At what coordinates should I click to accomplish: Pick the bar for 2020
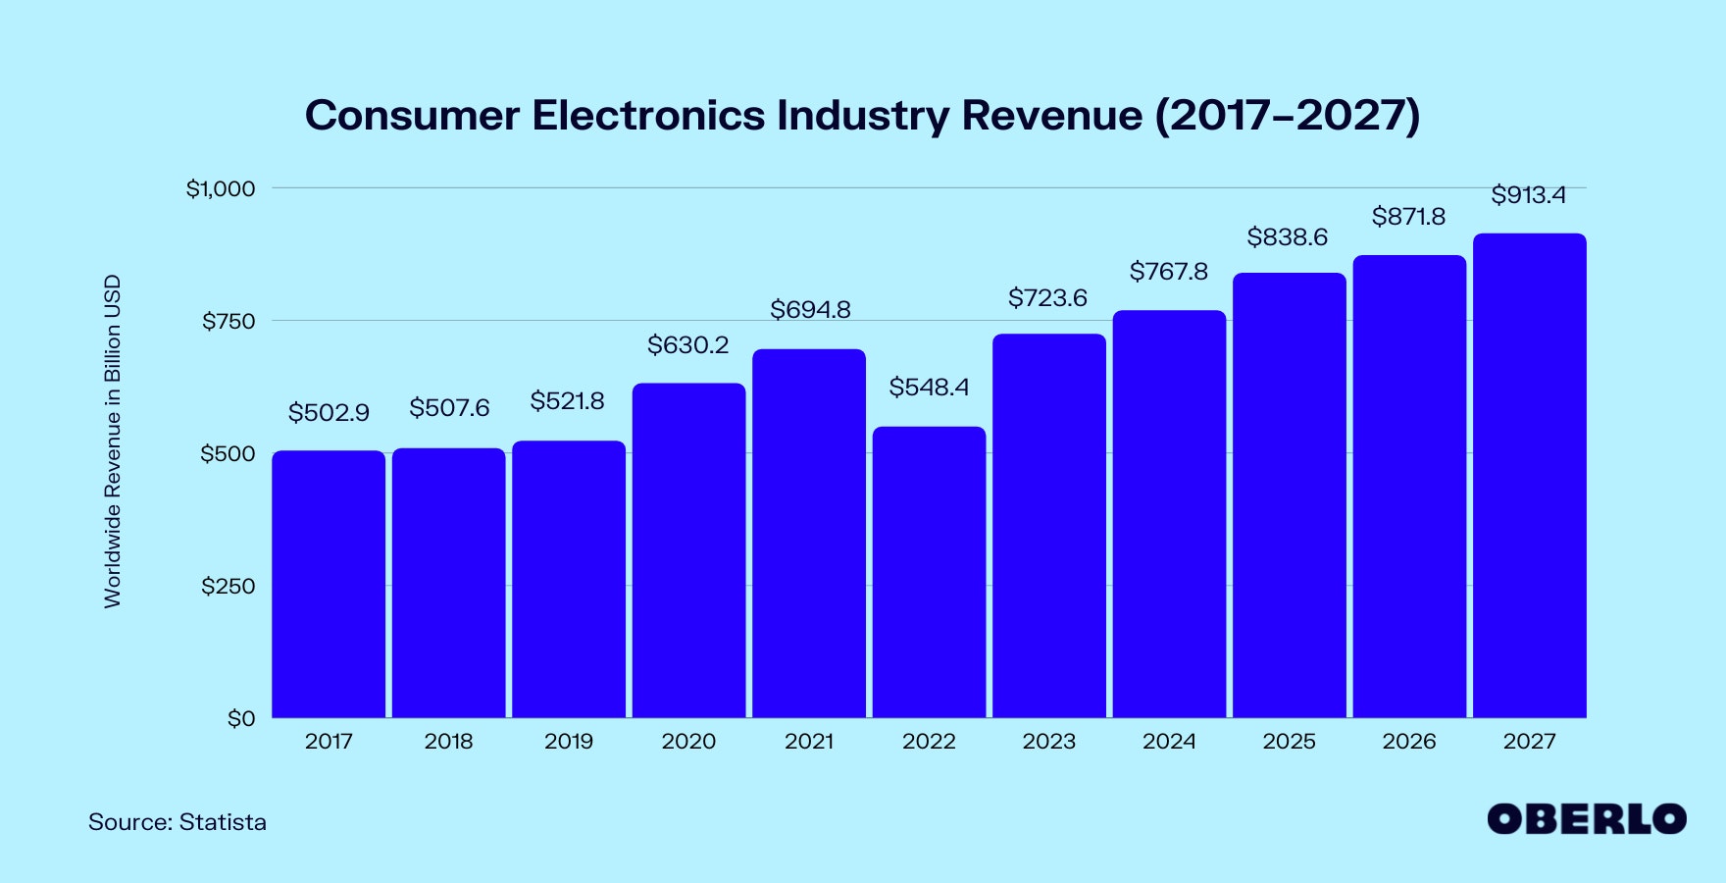(x=688, y=550)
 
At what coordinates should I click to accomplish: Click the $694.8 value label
(x=810, y=310)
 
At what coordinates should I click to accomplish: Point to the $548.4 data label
(x=929, y=388)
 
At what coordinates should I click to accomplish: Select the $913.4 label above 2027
(x=1528, y=195)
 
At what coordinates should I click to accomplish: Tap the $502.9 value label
(x=329, y=413)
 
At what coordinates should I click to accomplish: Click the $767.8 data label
(x=1169, y=272)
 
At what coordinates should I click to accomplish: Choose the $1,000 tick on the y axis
(x=221, y=188)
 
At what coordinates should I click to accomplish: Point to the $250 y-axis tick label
(x=228, y=587)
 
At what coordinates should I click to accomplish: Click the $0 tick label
(x=241, y=719)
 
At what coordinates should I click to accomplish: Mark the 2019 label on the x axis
(x=569, y=742)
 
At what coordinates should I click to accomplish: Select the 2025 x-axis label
(x=1289, y=742)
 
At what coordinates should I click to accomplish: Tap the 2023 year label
(x=1049, y=742)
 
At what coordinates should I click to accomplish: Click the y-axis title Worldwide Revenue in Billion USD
(x=113, y=441)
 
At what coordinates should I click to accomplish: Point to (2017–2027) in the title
(x=1287, y=115)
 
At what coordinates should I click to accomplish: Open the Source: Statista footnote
(x=178, y=822)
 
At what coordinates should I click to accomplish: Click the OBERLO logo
(x=1586, y=819)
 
